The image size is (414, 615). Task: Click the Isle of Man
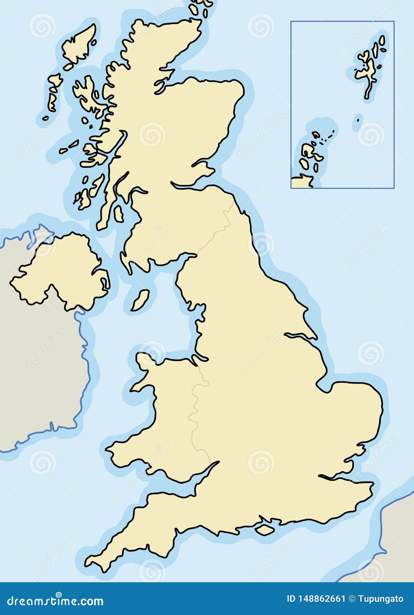tap(140, 300)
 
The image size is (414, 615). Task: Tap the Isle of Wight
tap(265, 529)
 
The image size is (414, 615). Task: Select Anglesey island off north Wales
tap(145, 360)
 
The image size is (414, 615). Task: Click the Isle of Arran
tap(118, 214)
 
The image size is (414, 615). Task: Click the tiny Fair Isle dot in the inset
tap(358, 120)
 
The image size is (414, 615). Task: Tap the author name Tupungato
tap(380, 599)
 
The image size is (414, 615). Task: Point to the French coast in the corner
tap(397, 535)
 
